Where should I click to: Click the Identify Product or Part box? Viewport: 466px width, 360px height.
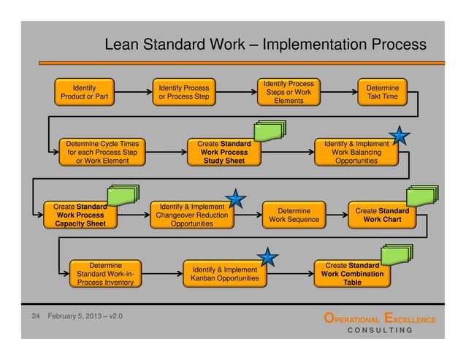point(84,92)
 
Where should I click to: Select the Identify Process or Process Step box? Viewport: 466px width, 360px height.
point(183,93)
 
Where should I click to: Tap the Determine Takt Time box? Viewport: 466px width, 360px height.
point(382,92)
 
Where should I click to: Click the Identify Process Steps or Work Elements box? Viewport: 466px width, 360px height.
point(289,92)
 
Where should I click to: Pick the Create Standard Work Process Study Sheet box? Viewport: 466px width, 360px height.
point(224,152)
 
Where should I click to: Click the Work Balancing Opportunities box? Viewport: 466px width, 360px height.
point(356,152)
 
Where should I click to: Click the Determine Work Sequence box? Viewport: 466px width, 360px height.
point(294,215)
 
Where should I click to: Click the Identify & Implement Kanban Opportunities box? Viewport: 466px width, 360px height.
point(225,274)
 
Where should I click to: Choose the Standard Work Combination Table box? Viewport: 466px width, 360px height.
point(352,273)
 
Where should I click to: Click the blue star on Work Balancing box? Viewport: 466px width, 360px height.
point(399,135)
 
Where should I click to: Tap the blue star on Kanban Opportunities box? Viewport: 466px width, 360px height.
point(268,256)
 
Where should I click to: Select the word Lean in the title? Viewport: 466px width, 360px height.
point(122,45)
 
